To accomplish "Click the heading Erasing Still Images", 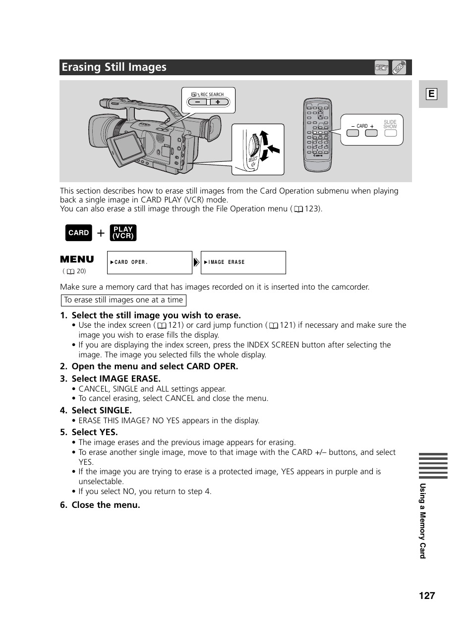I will coord(114,67).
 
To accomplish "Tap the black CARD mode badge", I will coord(78,233).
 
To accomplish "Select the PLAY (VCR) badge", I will coord(123,233).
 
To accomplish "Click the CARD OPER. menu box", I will coord(149,262).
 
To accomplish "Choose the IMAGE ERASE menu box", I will coord(243,262).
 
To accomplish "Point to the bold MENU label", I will coord(77,259).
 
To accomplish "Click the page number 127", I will coord(426,595).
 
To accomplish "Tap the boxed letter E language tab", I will coord(431,94).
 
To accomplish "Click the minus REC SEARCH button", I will coord(198,102).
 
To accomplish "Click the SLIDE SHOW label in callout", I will coord(390,124).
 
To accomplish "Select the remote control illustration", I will coord(317,135).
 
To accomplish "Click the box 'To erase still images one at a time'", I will coord(123,300).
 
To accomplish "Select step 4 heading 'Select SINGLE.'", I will coord(102,410).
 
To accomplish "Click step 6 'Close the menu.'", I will coord(106,505).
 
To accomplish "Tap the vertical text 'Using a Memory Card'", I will coord(422,521).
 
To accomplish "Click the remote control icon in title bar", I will coord(399,67).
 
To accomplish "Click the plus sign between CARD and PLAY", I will coord(101,233).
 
